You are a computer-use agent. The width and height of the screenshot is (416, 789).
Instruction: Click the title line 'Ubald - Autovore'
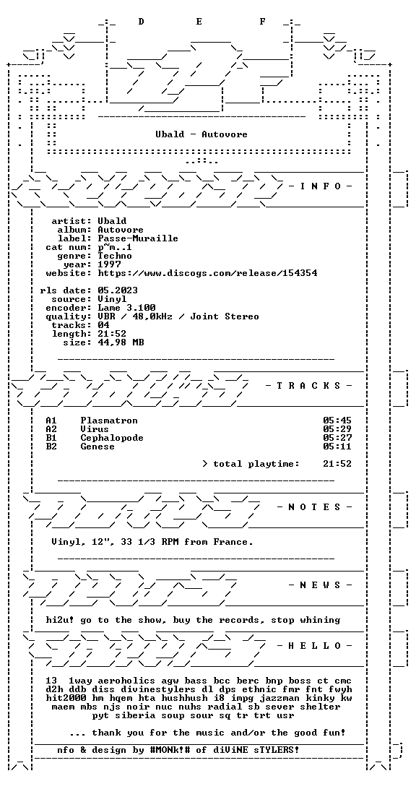(x=201, y=134)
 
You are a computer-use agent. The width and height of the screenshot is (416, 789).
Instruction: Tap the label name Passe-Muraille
(x=138, y=238)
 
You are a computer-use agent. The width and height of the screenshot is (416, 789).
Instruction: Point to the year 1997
(x=109, y=264)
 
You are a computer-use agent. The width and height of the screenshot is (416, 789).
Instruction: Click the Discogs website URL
(x=207, y=273)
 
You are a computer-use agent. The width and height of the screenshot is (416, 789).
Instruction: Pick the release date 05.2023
(x=118, y=290)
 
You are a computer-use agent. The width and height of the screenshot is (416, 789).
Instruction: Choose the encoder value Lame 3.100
(x=126, y=308)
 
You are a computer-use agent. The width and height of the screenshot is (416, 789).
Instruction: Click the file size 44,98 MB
(x=121, y=342)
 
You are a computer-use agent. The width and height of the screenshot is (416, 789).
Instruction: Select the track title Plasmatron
(x=109, y=421)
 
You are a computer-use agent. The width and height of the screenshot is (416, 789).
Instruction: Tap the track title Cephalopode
(x=112, y=438)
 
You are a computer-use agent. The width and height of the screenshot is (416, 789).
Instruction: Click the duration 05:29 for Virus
(x=337, y=429)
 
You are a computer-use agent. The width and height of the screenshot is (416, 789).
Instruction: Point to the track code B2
(x=51, y=447)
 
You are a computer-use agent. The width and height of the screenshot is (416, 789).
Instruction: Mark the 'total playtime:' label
(x=256, y=464)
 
